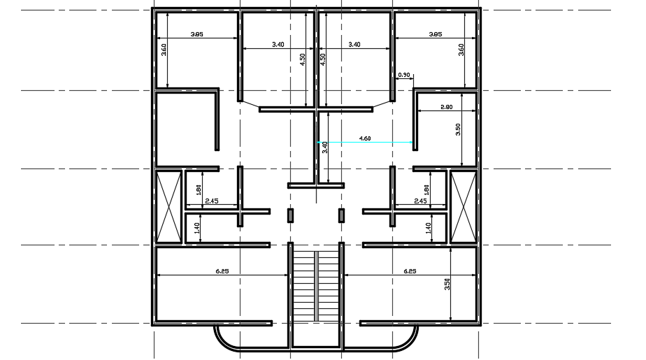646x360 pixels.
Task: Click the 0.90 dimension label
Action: (403, 74)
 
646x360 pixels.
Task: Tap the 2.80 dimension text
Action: (447, 107)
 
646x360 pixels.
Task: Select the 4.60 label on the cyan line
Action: (365, 138)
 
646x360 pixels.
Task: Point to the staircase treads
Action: (316, 287)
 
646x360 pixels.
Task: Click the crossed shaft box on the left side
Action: (168, 207)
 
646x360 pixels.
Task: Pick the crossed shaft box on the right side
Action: (463, 207)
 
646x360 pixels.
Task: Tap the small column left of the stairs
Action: (291, 215)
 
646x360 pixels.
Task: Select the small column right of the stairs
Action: (342, 215)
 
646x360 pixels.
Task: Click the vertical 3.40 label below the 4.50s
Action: (324, 147)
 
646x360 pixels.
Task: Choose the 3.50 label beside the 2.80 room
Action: (458, 131)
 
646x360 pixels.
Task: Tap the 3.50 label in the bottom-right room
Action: (446, 284)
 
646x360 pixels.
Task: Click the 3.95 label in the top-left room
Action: (197, 34)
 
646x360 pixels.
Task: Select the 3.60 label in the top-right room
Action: (461, 50)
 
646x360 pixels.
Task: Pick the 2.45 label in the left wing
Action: (212, 201)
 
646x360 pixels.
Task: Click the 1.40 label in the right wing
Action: (428, 227)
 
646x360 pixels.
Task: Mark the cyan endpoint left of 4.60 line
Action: (319, 143)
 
